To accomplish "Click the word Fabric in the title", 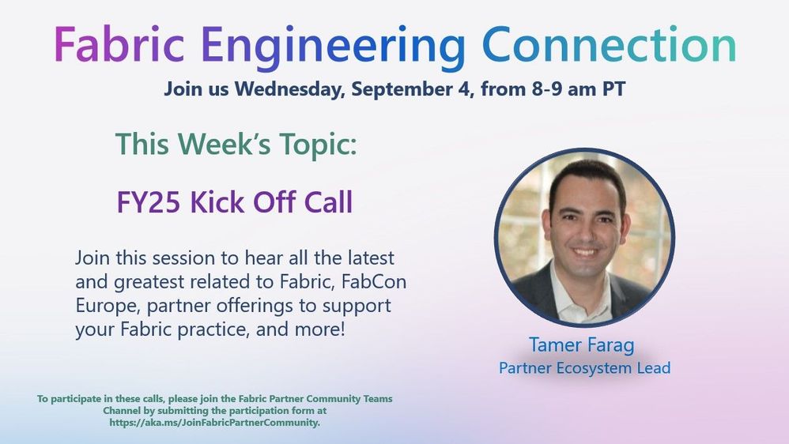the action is coord(119,44).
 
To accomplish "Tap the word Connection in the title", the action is coord(610,44).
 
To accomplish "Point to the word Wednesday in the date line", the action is coord(289,89).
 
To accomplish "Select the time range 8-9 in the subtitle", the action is coord(547,89).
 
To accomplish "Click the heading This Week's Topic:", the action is coord(236,144).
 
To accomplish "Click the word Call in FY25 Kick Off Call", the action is coord(328,202).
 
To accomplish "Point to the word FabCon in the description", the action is coord(374,281).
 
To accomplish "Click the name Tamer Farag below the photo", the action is coord(582,345).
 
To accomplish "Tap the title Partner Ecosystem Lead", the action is coord(585,367).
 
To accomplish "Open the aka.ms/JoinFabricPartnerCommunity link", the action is coord(214,423).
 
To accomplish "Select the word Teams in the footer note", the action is coord(378,399).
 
